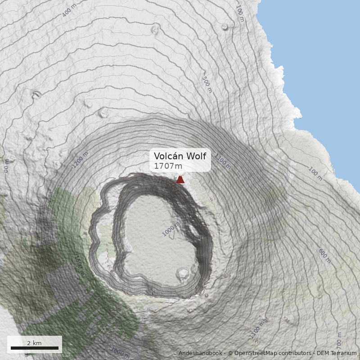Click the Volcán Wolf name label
pos(180,156)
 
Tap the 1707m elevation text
pos(168,166)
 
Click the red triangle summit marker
pos(180,180)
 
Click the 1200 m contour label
pos(80,160)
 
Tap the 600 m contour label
pos(324,255)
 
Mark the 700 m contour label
pos(339,341)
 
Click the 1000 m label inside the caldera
pos(171,229)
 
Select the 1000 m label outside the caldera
pos(120,351)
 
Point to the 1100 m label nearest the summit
pos(222,162)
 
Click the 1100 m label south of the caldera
pos(257,330)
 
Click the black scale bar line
pos(35,348)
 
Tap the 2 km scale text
pos(34,343)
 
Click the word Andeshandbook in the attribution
pos(200,353)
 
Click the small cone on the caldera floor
pos(184,273)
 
